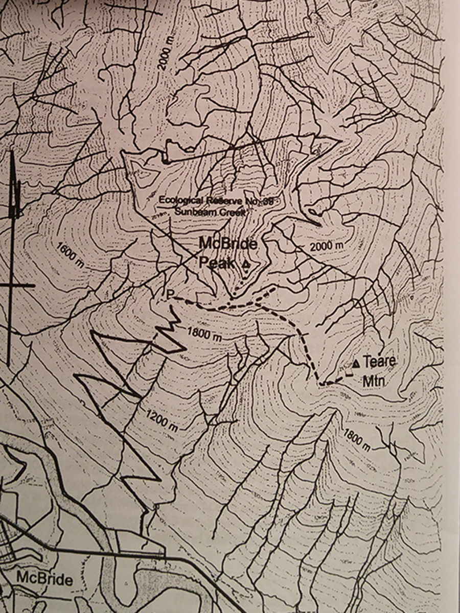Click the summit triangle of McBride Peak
click(246, 265)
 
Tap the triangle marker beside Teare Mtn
click(356, 364)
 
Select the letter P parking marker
click(170, 294)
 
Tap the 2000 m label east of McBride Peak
click(327, 246)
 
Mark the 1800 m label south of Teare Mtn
click(356, 438)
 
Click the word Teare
click(380, 362)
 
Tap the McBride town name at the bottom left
click(44, 579)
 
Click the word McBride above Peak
click(227, 244)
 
